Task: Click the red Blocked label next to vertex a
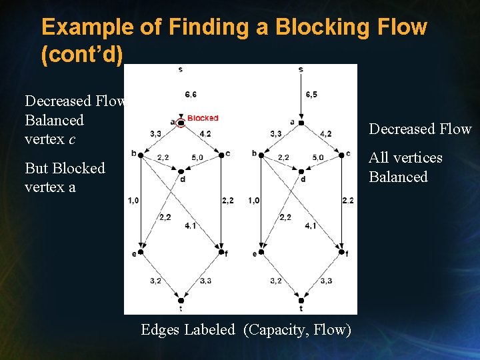[x=203, y=118]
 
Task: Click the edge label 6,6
[x=191, y=95]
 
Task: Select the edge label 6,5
[x=311, y=95]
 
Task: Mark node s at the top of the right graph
[x=301, y=69]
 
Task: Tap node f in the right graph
[x=341, y=252]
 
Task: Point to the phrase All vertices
[x=405, y=158]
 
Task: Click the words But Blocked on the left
[x=65, y=168]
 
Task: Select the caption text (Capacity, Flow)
[x=297, y=329]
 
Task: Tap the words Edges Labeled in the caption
[x=188, y=329]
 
